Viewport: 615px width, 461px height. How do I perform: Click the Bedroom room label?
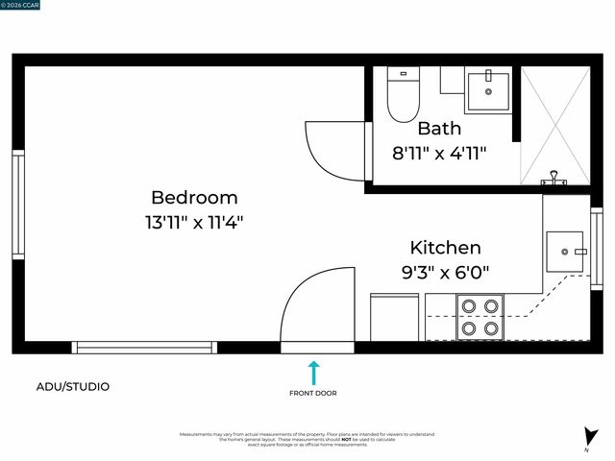[x=194, y=197]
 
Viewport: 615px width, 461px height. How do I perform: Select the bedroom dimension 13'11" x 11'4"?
[x=194, y=222]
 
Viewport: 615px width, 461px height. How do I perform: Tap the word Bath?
[x=439, y=128]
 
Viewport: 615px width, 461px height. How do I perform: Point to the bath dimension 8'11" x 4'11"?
[x=440, y=152]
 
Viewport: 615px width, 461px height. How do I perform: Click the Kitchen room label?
[x=445, y=247]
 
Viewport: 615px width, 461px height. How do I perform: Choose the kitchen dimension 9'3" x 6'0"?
[x=445, y=272]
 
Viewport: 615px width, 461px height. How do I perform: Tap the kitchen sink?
[x=563, y=252]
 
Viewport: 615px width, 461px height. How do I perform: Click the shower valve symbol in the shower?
[x=553, y=177]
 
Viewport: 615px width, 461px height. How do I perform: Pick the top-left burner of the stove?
[x=469, y=306]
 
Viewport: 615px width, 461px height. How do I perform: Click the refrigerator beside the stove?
[x=394, y=317]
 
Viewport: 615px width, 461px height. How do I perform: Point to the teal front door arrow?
[x=313, y=373]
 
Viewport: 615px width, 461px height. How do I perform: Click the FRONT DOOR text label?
[x=313, y=393]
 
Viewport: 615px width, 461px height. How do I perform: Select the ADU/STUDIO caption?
[x=73, y=387]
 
